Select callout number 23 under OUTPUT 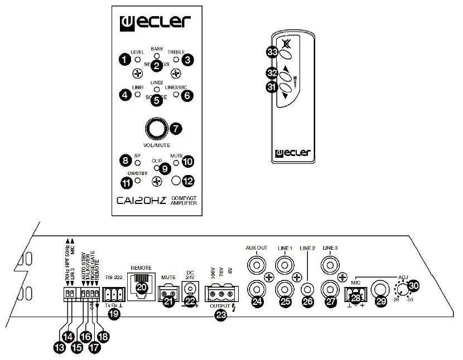coord(221,315)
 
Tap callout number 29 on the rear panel coord(383,300)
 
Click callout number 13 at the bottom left coord(59,346)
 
